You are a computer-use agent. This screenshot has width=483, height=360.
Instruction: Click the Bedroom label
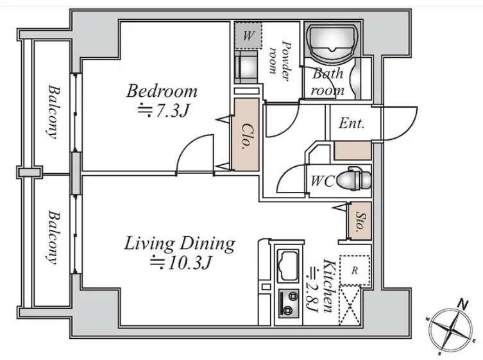coord(162,92)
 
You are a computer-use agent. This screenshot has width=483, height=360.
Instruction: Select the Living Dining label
coord(180,244)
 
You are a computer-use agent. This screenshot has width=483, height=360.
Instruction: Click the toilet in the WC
coord(354,179)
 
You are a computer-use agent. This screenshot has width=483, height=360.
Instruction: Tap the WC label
coord(323,181)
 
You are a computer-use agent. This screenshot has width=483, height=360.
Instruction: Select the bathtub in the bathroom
coord(332,43)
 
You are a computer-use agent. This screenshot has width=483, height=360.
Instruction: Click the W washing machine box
coord(248,35)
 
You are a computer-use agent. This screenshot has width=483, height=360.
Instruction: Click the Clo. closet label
coord(247,136)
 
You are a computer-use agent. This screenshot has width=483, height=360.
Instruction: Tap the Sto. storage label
coord(359,221)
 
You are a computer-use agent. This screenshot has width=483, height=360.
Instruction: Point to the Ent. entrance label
coord(352,124)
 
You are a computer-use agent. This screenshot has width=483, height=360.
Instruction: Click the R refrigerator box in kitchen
coord(355,270)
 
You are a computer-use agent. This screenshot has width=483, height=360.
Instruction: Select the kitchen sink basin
coord(288,266)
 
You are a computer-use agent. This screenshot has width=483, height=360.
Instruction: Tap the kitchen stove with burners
coord(289,304)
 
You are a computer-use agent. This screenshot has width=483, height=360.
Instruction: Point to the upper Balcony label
coord(53,112)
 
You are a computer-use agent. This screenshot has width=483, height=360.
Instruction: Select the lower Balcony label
coord(53,237)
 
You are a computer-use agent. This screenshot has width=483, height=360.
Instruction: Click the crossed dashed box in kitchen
coord(350,305)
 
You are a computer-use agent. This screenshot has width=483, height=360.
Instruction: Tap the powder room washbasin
coord(246,67)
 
